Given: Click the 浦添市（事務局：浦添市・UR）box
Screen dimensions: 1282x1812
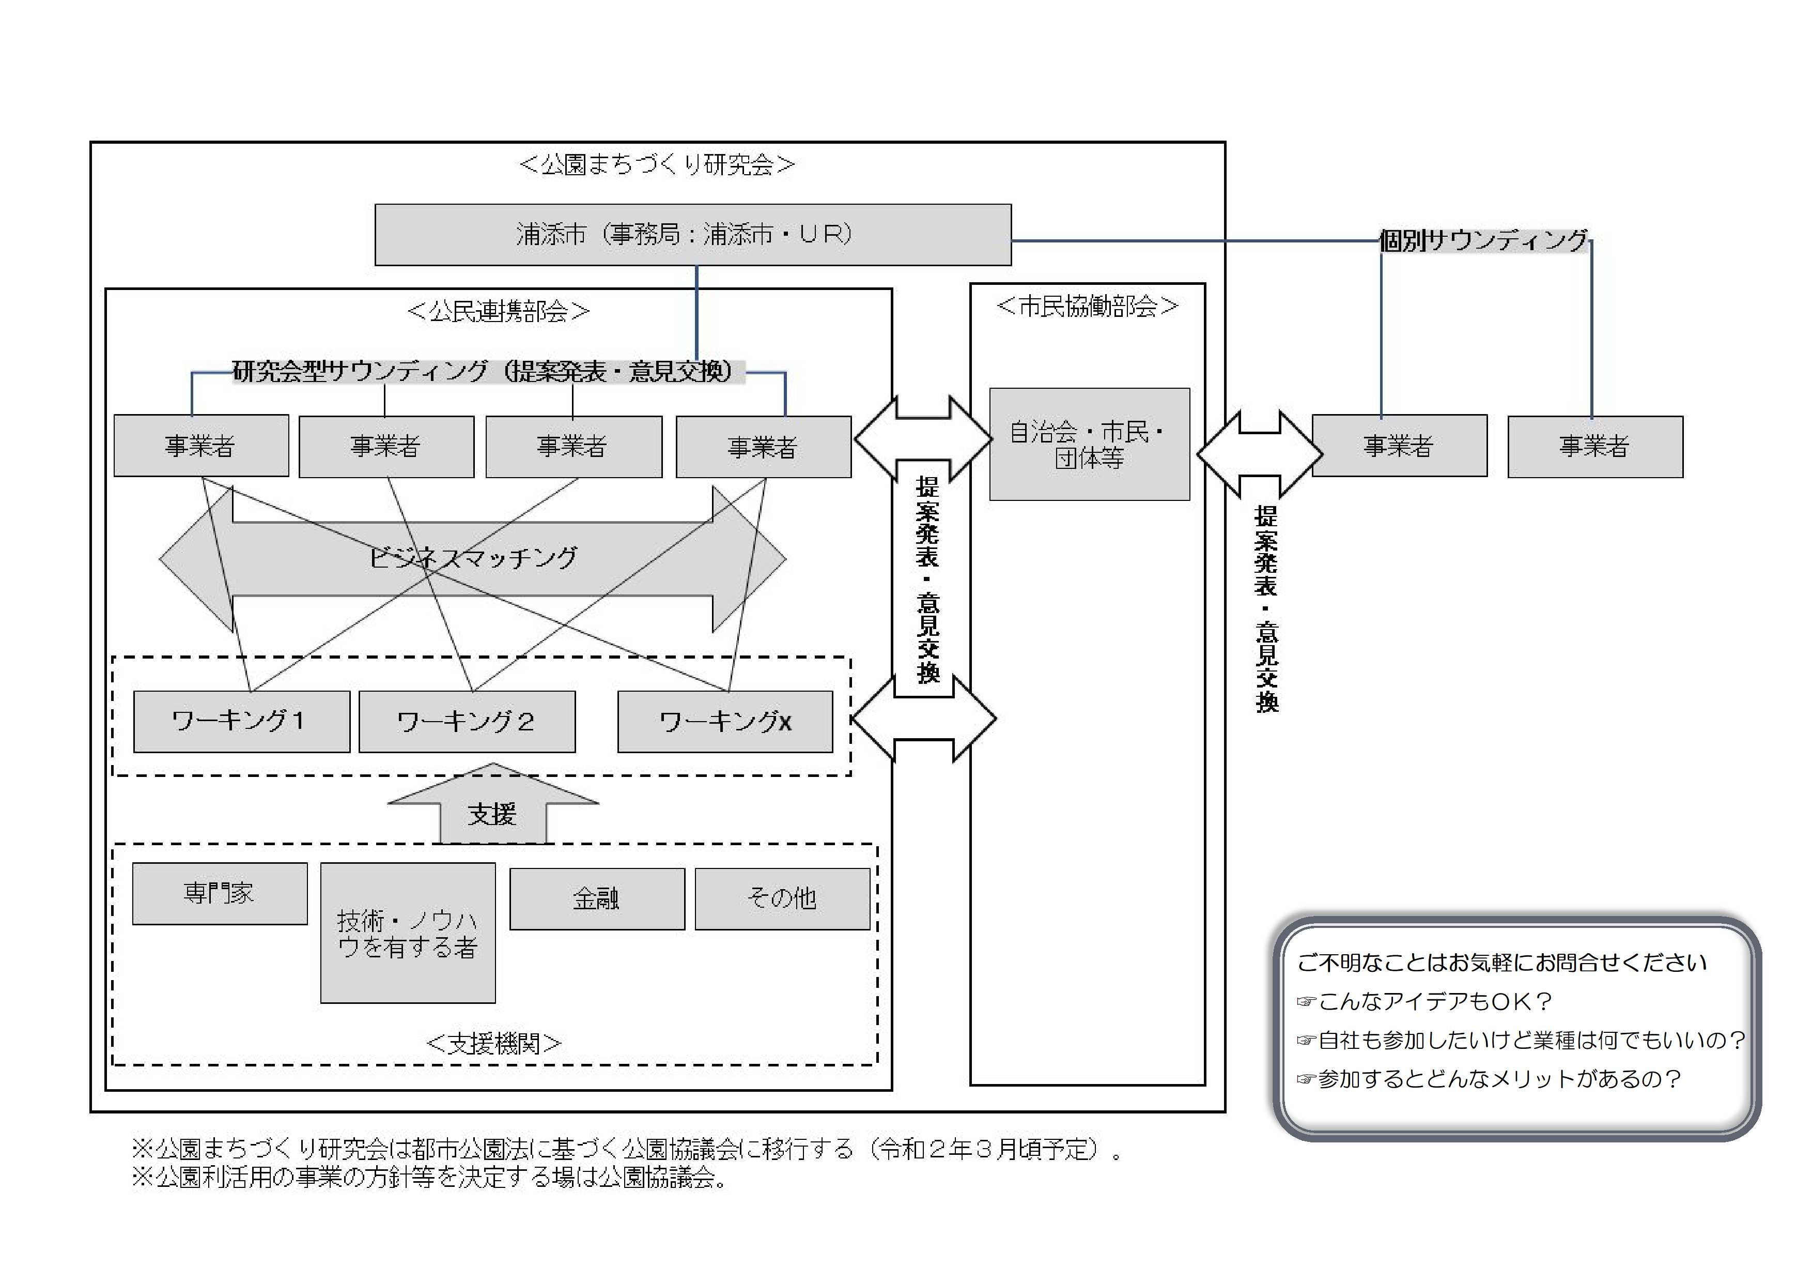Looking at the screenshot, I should (692, 235).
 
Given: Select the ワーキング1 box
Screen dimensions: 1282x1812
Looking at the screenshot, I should (241, 722).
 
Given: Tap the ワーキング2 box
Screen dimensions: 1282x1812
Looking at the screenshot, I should (467, 722).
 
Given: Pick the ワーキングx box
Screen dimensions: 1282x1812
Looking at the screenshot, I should (724, 722).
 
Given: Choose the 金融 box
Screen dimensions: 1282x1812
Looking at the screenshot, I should (597, 898).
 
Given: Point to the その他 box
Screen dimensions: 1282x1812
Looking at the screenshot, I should (782, 898).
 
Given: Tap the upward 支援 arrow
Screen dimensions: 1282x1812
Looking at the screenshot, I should (492, 809).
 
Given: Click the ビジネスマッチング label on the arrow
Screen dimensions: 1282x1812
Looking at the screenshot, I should (473, 558).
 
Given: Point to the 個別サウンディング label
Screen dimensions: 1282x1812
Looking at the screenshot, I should (1484, 240).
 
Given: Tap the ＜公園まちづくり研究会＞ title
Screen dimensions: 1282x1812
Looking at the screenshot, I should (657, 164).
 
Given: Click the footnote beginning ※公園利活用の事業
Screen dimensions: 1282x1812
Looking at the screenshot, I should (430, 1177).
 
